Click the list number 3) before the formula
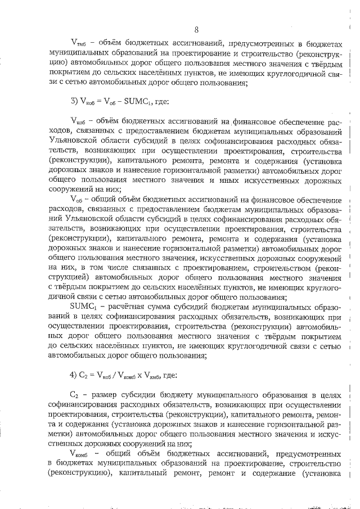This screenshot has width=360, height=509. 76,102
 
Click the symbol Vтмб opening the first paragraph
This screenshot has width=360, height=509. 79,42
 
